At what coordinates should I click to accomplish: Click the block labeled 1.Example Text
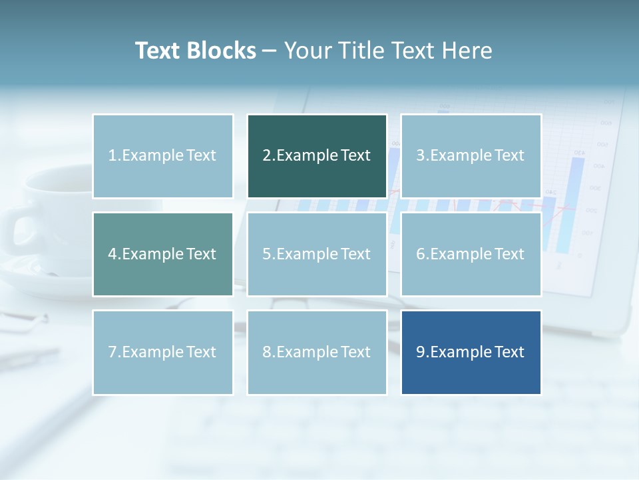click(x=162, y=156)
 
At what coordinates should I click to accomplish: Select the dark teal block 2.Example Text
click(x=317, y=156)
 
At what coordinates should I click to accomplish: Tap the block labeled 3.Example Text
click(x=471, y=156)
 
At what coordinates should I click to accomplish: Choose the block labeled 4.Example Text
click(x=162, y=254)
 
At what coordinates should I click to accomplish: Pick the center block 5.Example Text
click(x=317, y=254)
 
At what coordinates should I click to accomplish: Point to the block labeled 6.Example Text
click(x=471, y=254)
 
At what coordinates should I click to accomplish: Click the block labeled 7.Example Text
click(x=162, y=352)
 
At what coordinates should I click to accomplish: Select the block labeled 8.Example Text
click(x=317, y=352)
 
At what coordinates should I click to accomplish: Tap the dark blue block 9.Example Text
click(x=471, y=352)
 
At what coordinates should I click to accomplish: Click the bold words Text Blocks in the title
click(x=195, y=51)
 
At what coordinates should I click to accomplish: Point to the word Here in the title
click(x=468, y=51)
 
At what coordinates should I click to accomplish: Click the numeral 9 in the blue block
click(x=421, y=352)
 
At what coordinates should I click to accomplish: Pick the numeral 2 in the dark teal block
click(x=266, y=156)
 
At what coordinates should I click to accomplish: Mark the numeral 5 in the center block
click(x=266, y=254)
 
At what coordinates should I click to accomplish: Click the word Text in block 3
click(x=509, y=156)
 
